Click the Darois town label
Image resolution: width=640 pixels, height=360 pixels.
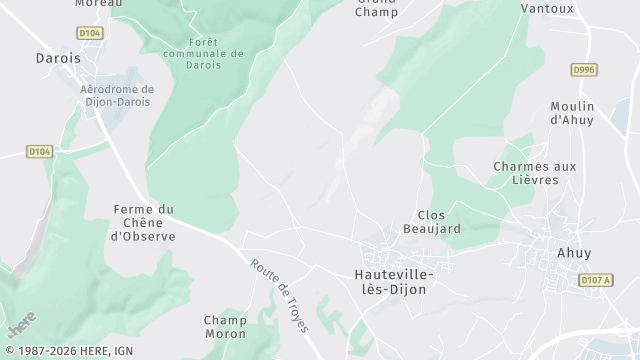click(58, 58)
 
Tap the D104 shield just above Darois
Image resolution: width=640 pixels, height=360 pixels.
click(90, 33)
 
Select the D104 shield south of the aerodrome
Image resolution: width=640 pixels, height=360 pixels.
click(39, 151)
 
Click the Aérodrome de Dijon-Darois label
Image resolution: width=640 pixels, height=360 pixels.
click(116, 95)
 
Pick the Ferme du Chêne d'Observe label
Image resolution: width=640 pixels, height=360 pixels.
click(144, 223)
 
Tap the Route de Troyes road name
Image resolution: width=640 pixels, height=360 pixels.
click(281, 295)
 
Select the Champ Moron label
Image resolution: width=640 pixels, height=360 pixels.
click(225, 327)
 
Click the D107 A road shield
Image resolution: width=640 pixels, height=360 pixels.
click(595, 281)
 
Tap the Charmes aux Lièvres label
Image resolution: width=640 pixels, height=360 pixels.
click(535, 172)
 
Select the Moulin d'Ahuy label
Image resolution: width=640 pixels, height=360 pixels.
click(572, 113)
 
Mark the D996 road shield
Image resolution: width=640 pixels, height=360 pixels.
click(584, 69)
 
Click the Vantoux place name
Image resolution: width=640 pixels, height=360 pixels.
click(548, 8)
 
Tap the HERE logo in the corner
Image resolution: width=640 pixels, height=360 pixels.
click(21, 325)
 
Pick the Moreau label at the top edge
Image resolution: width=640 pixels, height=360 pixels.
click(98, 4)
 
